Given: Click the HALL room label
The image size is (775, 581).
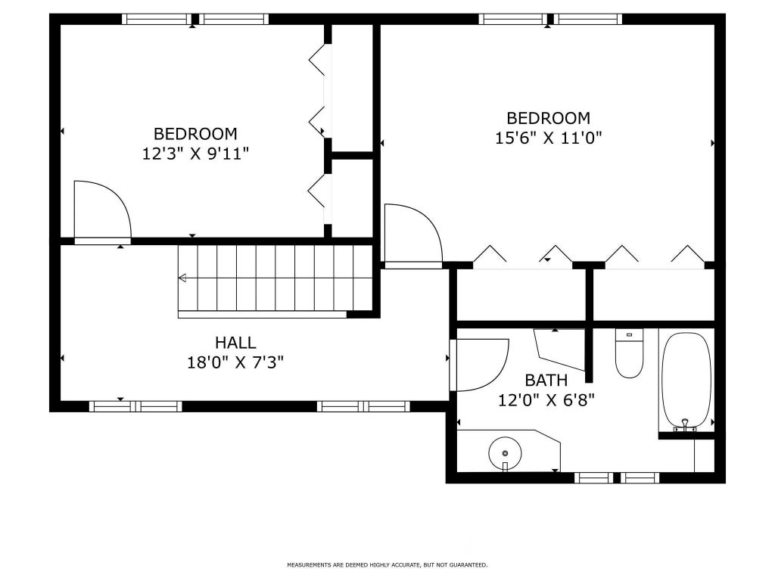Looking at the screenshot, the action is pos(235,343).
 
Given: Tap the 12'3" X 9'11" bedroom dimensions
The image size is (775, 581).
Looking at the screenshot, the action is pos(195,154).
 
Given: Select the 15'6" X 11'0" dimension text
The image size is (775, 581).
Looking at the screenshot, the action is pos(549,138).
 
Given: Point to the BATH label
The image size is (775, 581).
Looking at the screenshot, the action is pos(546,381).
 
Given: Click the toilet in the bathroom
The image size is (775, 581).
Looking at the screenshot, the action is pos(629,353).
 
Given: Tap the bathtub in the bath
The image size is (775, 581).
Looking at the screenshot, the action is pos(686,380).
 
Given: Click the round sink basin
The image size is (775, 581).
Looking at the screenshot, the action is pos(505,453).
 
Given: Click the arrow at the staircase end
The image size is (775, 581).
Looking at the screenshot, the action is pos(182,278).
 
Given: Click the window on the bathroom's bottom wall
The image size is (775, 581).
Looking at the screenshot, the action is pos(616,478).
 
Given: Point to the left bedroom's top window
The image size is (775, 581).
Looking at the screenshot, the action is pos(195,19).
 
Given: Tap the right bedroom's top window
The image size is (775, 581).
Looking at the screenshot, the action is pos(550,19).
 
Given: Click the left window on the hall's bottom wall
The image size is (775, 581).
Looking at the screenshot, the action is pos(135,406).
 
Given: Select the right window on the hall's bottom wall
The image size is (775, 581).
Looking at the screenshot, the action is pos(363,406).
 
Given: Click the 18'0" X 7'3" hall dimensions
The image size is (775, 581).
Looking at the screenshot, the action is pos(235,363).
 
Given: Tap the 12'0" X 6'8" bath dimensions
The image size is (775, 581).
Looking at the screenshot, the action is pos(546,399).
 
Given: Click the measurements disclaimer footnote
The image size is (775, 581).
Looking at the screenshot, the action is pos(387,564).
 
